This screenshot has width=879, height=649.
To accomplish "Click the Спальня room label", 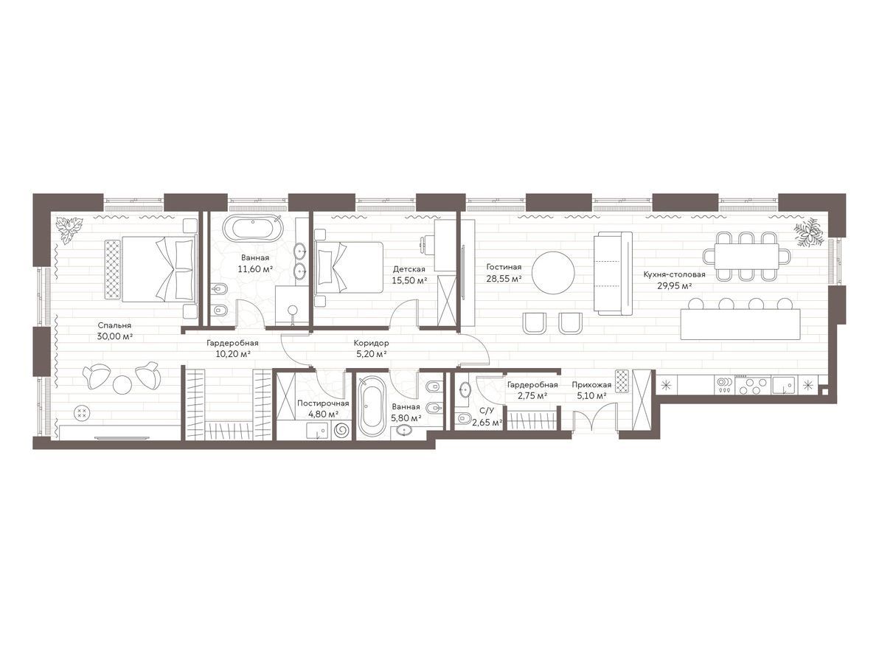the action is click(x=114, y=325).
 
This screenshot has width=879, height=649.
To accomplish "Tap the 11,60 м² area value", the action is click(x=255, y=269).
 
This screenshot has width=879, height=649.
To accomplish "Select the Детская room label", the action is click(x=409, y=269).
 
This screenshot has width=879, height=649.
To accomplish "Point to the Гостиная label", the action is click(x=504, y=267).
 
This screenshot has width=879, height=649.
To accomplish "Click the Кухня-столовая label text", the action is click(x=675, y=274).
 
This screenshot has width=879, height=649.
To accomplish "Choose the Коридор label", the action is click(x=371, y=343).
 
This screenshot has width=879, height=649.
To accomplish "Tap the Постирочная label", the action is click(x=323, y=403).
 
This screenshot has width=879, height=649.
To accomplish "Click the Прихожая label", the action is click(x=591, y=385).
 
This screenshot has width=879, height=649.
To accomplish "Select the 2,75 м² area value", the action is click(x=532, y=396).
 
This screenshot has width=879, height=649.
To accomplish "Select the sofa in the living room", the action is click(x=614, y=273).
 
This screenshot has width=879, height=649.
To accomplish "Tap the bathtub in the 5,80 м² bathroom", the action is click(x=372, y=406).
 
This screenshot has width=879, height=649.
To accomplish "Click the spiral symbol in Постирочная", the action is click(x=341, y=431).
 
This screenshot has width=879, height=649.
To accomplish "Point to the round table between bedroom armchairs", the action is click(x=122, y=384).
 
